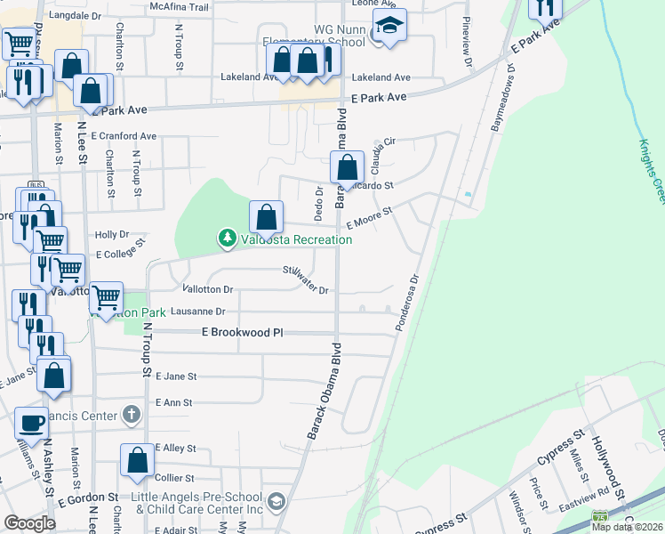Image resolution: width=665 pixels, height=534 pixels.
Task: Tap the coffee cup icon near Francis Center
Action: pyautogui.click(x=32, y=423)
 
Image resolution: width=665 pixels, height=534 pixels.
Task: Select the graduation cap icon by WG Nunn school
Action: pyautogui.click(x=389, y=26)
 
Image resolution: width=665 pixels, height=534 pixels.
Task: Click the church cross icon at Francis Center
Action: pyautogui.click(x=131, y=415)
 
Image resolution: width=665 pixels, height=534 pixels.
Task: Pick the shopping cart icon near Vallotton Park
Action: pyautogui.click(x=106, y=296)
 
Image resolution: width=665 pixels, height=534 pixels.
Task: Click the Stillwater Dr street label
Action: pyautogui.click(x=307, y=280)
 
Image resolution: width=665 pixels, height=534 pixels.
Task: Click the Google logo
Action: pyautogui.click(x=30, y=522)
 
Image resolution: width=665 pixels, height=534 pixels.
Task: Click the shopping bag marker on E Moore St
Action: pyautogui.click(x=266, y=215)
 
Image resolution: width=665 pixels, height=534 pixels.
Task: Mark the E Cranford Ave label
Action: pyautogui.click(x=124, y=136)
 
